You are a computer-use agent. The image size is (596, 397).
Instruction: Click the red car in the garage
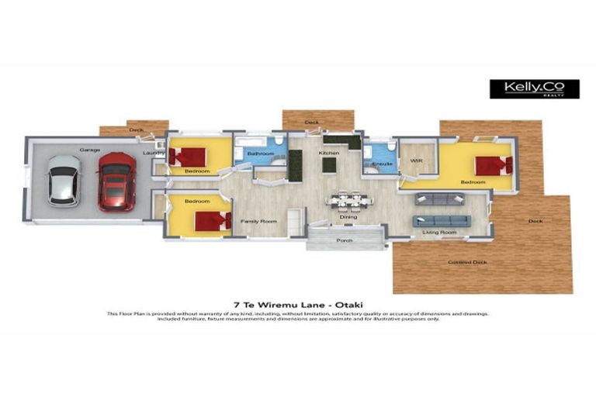click(116, 181)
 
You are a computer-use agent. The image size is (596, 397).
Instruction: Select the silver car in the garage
click(63, 181)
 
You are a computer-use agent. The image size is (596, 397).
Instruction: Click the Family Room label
click(258, 222)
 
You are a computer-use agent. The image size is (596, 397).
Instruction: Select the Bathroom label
click(260, 154)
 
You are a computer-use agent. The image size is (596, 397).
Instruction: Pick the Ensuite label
click(381, 164)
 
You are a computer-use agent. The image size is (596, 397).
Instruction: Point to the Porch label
click(345, 240)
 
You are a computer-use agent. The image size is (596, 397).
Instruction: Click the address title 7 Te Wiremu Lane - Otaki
click(298, 305)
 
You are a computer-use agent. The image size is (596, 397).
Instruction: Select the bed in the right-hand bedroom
click(494, 166)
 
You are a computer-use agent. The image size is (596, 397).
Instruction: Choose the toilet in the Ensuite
click(392, 147)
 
